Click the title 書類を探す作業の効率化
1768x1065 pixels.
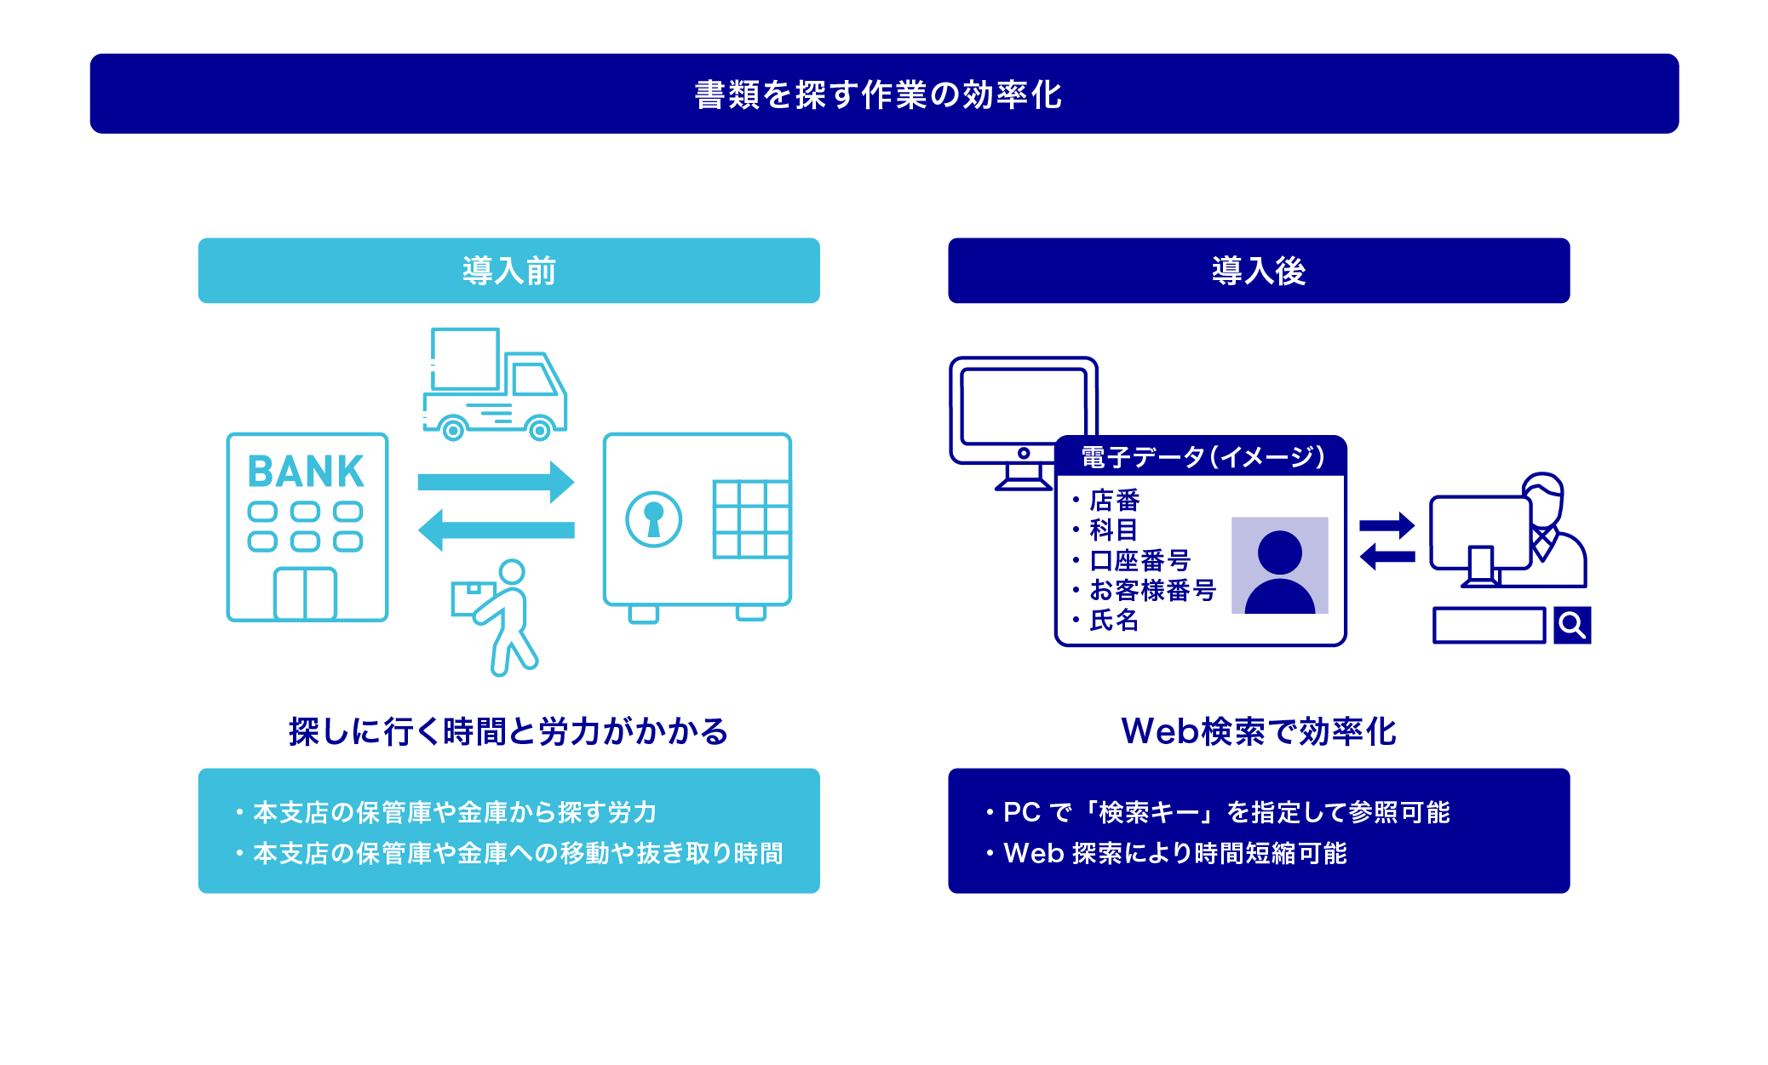(878, 94)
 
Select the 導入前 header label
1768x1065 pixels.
(509, 271)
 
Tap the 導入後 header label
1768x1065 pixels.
(1259, 271)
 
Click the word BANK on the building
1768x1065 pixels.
(306, 472)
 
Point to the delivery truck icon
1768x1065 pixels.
(495, 384)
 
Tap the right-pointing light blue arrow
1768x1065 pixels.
(496, 483)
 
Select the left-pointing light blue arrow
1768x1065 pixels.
(496, 530)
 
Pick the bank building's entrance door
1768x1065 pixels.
(305, 593)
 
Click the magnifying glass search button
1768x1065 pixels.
(1572, 626)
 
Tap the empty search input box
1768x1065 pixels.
(1489, 626)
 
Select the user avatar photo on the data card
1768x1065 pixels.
(1279, 565)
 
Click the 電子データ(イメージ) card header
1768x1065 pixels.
(1201, 457)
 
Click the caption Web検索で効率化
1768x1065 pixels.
(1259, 731)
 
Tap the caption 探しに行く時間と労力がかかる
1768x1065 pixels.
(508, 731)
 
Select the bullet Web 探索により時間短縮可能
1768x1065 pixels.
(1167, 853)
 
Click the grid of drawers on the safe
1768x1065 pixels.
(752, 519)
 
